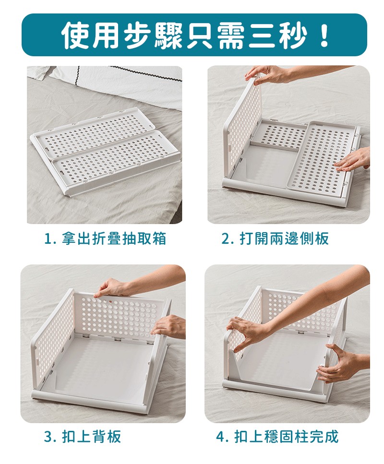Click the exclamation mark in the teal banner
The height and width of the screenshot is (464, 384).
pyautogui.click(x=324, y=35)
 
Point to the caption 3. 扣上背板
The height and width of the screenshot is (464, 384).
pyautogui.click(x=83, y=436)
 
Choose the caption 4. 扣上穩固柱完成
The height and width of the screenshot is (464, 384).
pyautogui.click(x=277, y=436)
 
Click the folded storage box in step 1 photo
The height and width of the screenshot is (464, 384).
pyautogui.click(x=107, y=151)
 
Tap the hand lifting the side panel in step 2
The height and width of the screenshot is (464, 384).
pyautogui.click(x=267, y=74)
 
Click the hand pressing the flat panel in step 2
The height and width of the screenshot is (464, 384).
pyautogui.click(x=351, y=160)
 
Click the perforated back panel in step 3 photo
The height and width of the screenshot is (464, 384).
pyautogui.click(x=118, y=315)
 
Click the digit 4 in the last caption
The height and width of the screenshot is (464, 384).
pyautogui.click(x=220, y=437)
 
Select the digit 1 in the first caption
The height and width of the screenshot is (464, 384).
pyautogui.click(x=47, y=238)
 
